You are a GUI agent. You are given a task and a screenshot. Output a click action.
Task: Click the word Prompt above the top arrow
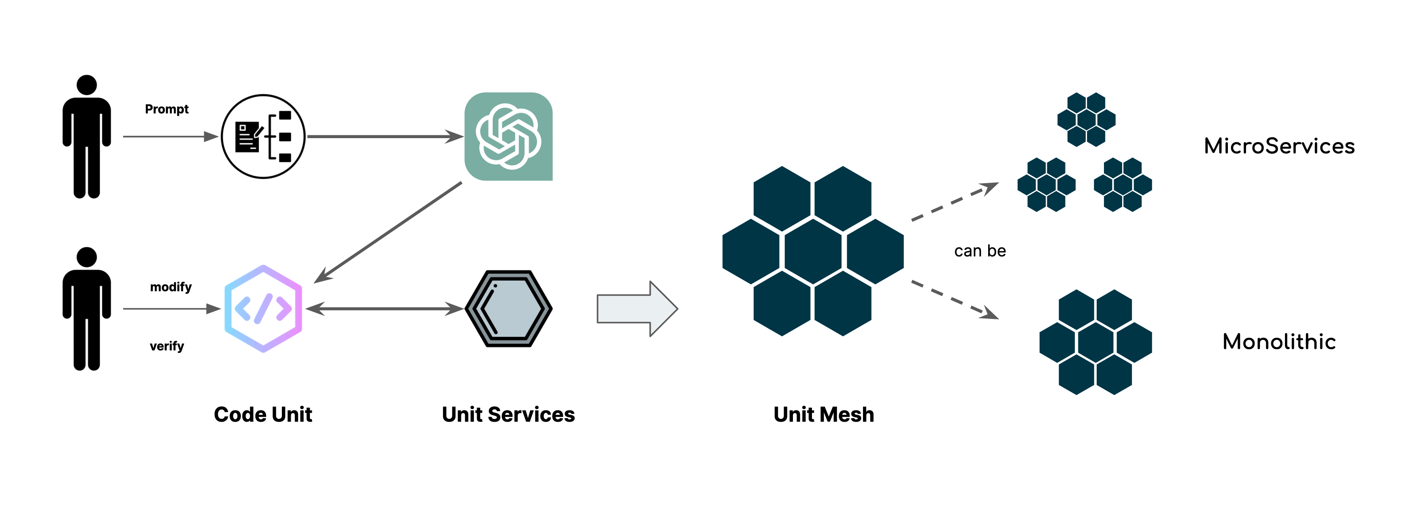[166, 109]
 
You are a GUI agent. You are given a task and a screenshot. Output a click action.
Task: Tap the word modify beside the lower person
[171, 287]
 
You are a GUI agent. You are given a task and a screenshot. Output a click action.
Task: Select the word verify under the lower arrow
[166, 346]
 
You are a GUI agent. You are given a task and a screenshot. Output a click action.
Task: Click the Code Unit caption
[263, 415]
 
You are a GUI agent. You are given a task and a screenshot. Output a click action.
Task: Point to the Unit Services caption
[508, 415]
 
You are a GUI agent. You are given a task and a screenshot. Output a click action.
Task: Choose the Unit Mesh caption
[823, 415]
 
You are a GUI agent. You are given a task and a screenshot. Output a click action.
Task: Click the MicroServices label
[1279, 146]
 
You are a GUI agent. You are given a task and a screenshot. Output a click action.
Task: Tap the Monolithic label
[1279, 342]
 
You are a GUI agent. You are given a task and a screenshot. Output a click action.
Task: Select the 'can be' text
[980, 251]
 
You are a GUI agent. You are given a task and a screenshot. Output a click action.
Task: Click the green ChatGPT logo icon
[508, 136]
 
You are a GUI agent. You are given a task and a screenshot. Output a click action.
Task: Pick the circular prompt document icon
[263, 136]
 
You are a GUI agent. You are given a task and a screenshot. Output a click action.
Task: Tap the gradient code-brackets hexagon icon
[263, 309]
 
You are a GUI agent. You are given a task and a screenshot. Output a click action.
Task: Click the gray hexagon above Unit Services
[508, 309]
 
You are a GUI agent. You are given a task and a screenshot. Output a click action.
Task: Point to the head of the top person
[87, 85]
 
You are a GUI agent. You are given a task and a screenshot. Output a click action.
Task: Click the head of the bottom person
[87, 257]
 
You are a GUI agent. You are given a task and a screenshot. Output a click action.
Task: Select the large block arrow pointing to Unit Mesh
[637, 309]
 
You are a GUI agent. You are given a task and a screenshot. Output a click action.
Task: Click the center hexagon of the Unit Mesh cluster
[813, 251]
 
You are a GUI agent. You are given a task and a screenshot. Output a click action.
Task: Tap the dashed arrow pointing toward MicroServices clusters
[955, 201]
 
